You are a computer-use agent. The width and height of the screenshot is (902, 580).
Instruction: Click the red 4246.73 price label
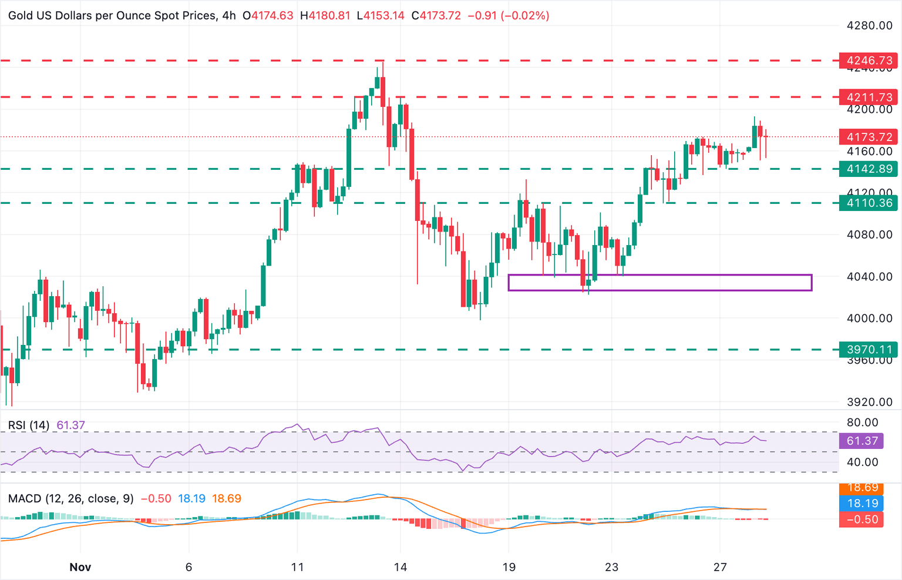(869, 61)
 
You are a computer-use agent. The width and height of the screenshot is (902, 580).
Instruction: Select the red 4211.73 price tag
(869, 97)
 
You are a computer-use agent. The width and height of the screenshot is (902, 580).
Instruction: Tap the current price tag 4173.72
(869, 137)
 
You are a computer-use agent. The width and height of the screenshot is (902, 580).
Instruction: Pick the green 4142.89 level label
(869, 169)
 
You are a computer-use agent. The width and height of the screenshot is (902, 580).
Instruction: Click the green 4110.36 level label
(869, 203)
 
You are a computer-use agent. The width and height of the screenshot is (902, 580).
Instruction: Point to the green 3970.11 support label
(869, 350)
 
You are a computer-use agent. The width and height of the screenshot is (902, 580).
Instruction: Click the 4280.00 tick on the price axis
(869, 26)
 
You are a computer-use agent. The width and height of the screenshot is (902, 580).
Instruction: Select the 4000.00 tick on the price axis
(869, 319)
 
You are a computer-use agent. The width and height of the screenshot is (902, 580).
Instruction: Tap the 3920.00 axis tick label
(869, 403)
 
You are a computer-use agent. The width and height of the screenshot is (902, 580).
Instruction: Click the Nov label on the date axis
(80, 567)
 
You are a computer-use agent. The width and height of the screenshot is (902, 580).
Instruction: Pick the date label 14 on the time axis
(400, 567)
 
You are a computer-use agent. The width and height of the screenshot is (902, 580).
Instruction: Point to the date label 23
(611, 567)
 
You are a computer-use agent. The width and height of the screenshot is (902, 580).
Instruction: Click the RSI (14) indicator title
(29, 425)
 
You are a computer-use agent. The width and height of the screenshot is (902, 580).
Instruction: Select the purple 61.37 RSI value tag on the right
(862, 441)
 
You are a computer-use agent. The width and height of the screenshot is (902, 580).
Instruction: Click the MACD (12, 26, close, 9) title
(71, 499)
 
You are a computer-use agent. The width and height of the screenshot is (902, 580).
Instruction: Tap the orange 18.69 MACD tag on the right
(862, 488)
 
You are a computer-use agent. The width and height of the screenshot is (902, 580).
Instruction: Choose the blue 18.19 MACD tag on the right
(862, 503)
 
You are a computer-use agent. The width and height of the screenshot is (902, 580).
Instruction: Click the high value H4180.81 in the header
(324, 16)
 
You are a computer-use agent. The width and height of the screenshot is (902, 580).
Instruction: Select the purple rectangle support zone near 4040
(659, 283)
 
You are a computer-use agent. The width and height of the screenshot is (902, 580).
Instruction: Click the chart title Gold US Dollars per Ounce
(112, 16)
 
